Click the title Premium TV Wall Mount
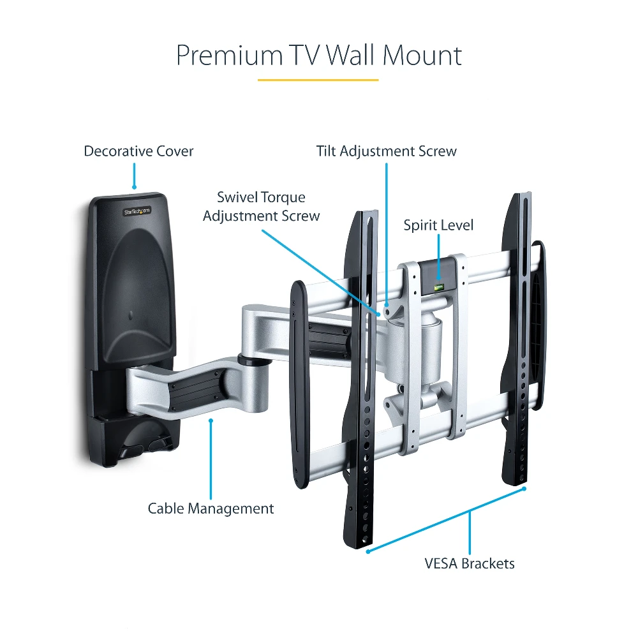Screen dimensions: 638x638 pyautogui.click(x=318, y=56)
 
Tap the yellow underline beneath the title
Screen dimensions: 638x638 pyautogui.click(x=318, y=80)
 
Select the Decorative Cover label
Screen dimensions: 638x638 pyautogui.click(x=138, y=151)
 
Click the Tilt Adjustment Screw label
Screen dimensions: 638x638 pyautogui.click(x=386, y=151)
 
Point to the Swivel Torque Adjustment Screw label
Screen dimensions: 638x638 pyautogui.click(x=261, y=206)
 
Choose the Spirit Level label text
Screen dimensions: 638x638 pyautogui.click(x=438, y=225)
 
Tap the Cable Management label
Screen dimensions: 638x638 pyautogui.click(x=211, y=508)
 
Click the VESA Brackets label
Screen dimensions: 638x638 pyautogui.click(x=469, y=563)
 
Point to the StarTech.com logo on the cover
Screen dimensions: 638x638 pyautogui.click(x=137, y=210)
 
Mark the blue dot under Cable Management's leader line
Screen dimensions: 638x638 pyautogui.click(x=211, y=420)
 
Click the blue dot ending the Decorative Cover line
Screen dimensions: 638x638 pyautogui.click(x=134, y=187)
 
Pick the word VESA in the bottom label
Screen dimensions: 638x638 pyautogui.click(x=441, y=563)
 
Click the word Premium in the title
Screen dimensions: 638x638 pyautogui.click(x=229, y=56)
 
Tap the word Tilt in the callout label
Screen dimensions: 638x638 pyautogui.click(x=326, y=151)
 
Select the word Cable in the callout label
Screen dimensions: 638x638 pyautogui.click(x=165, y=508)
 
